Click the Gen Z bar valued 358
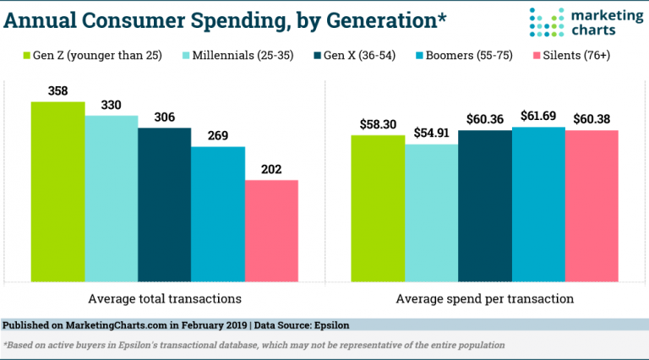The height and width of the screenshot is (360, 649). point(58,192)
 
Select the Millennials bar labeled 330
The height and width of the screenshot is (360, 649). point(112,199)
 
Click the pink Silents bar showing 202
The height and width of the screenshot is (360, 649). point(271,231)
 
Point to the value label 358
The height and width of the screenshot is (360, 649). point(58,90)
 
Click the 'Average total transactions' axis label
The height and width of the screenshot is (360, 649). point(165,298)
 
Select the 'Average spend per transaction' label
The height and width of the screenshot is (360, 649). point(484,298)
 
